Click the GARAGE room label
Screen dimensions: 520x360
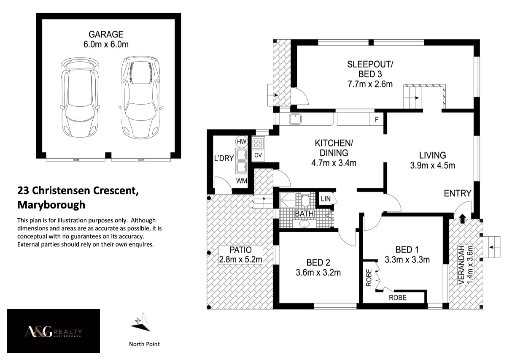click(x=106, y=34)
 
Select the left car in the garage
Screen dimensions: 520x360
click(x=80, y=97)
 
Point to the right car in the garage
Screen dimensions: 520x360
click(x=141, y=97)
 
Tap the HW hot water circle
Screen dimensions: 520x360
click(x=241, y=142)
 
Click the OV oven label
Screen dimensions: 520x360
click(x=258, y=155)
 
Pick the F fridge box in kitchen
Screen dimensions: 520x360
click(x=376, y=119)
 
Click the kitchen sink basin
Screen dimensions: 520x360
click(x=295, y=119)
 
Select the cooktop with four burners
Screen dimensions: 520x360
click(x=258, y=143)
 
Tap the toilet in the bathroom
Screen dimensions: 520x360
click(x=305, y=200)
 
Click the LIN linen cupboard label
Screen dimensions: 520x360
click(x=326, y=199)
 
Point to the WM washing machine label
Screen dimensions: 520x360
click(x=241, y=181)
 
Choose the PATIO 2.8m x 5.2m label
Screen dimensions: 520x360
click(x=240, y=254)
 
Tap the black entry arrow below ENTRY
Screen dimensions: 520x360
click(x=462, y=219)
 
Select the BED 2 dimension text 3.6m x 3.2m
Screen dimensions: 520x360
click(x=318, y=273)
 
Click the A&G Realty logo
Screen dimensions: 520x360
click(x=54, y=331)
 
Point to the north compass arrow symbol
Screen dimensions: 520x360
click(x=141, y=322)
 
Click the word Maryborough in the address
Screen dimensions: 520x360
click(x=51, y=205)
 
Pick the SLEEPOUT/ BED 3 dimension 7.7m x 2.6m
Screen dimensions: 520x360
click(x=370, y=84)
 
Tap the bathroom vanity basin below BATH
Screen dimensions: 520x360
click(x=304, y=224)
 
